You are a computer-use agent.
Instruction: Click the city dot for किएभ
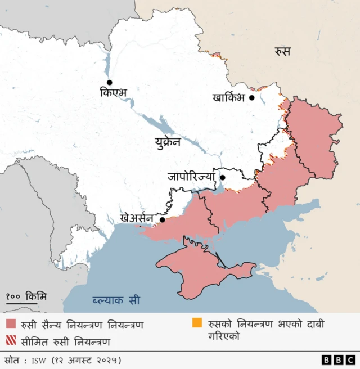click(110, 82)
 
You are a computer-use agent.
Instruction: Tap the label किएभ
click(115, 92)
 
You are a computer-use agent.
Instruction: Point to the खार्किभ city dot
click(252, 97)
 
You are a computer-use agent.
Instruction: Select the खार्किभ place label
click(229, 97)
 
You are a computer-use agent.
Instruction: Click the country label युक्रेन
click(168, 142)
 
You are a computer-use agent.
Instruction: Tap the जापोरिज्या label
click(191, 176)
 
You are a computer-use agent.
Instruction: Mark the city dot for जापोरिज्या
click(222, 178)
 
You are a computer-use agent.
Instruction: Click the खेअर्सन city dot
click(163, 220)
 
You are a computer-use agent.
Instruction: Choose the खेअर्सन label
click(137, 217)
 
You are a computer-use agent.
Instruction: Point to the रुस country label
click(282, 52)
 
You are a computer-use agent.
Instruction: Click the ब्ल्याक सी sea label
click(117, 300)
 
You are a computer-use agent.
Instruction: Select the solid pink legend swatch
click(11, 325)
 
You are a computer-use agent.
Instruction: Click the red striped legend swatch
click(11, 341)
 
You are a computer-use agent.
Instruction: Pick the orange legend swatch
click(197, 323)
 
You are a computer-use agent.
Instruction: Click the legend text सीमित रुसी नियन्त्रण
click(65, 341)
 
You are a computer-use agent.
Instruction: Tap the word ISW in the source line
click(39, 359)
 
